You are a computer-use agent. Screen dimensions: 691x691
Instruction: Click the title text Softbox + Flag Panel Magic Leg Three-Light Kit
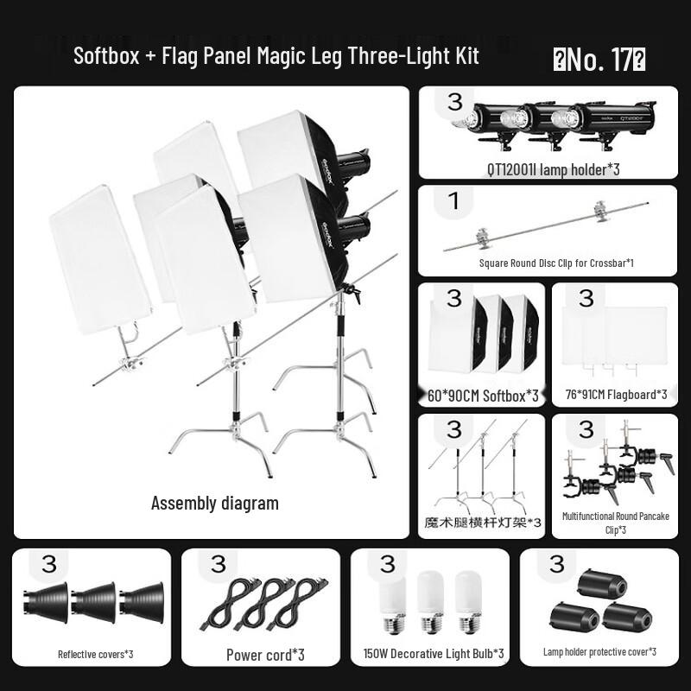(x=276, y=56)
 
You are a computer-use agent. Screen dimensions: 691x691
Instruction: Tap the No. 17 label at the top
(x=599, y=59)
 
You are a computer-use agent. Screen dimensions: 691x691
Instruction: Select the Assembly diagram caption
(x=215, y=503)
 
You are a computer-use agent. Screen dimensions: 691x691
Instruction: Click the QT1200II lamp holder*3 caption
(x=553, y=169)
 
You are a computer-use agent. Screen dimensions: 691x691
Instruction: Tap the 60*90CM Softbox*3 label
(x=483, y=396)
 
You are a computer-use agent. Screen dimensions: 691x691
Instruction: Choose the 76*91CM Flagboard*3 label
(x=615, y=396)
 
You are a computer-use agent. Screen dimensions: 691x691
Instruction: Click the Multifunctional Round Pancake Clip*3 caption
(x=615, y=523)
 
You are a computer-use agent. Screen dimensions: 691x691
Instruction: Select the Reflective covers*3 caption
(x=95, y=654)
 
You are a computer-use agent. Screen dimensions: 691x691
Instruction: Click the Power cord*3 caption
(x=265, y=655)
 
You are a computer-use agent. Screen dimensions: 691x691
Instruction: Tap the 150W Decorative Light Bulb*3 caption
(x=434, y=654)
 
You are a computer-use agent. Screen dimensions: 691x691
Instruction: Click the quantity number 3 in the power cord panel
(x=218, y=564)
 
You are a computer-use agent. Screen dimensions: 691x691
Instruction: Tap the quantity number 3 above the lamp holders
(x=454, y=101)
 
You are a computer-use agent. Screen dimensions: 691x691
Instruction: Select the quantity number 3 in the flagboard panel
(x=586, y=299)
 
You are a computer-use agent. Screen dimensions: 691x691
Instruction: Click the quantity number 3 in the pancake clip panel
(x=586, y=429)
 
